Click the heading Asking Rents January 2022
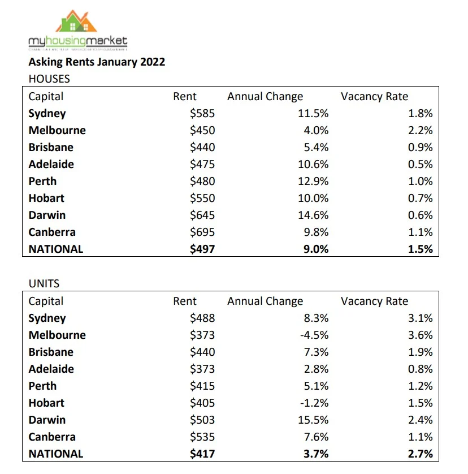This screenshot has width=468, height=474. [97, 62]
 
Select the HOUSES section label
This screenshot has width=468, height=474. [49, 79]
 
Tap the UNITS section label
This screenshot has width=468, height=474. [44, 284]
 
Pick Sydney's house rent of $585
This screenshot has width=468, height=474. [202, 113]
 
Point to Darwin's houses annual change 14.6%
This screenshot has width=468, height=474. [313, 215]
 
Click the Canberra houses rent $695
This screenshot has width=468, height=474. [202, 232]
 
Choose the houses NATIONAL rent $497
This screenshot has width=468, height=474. [202, 249]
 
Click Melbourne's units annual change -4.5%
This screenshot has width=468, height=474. [313, 335]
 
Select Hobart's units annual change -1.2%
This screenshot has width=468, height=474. [313, 403]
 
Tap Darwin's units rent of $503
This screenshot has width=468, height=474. [202, 420]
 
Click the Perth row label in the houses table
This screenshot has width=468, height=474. [42, 181]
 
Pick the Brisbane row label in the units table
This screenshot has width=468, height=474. [51, 352]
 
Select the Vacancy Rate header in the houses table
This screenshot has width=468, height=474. [374, 96]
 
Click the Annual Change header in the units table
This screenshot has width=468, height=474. [265, 301]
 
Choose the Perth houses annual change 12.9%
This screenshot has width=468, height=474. [313, 181]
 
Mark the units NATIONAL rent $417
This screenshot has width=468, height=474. [202, 454]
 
